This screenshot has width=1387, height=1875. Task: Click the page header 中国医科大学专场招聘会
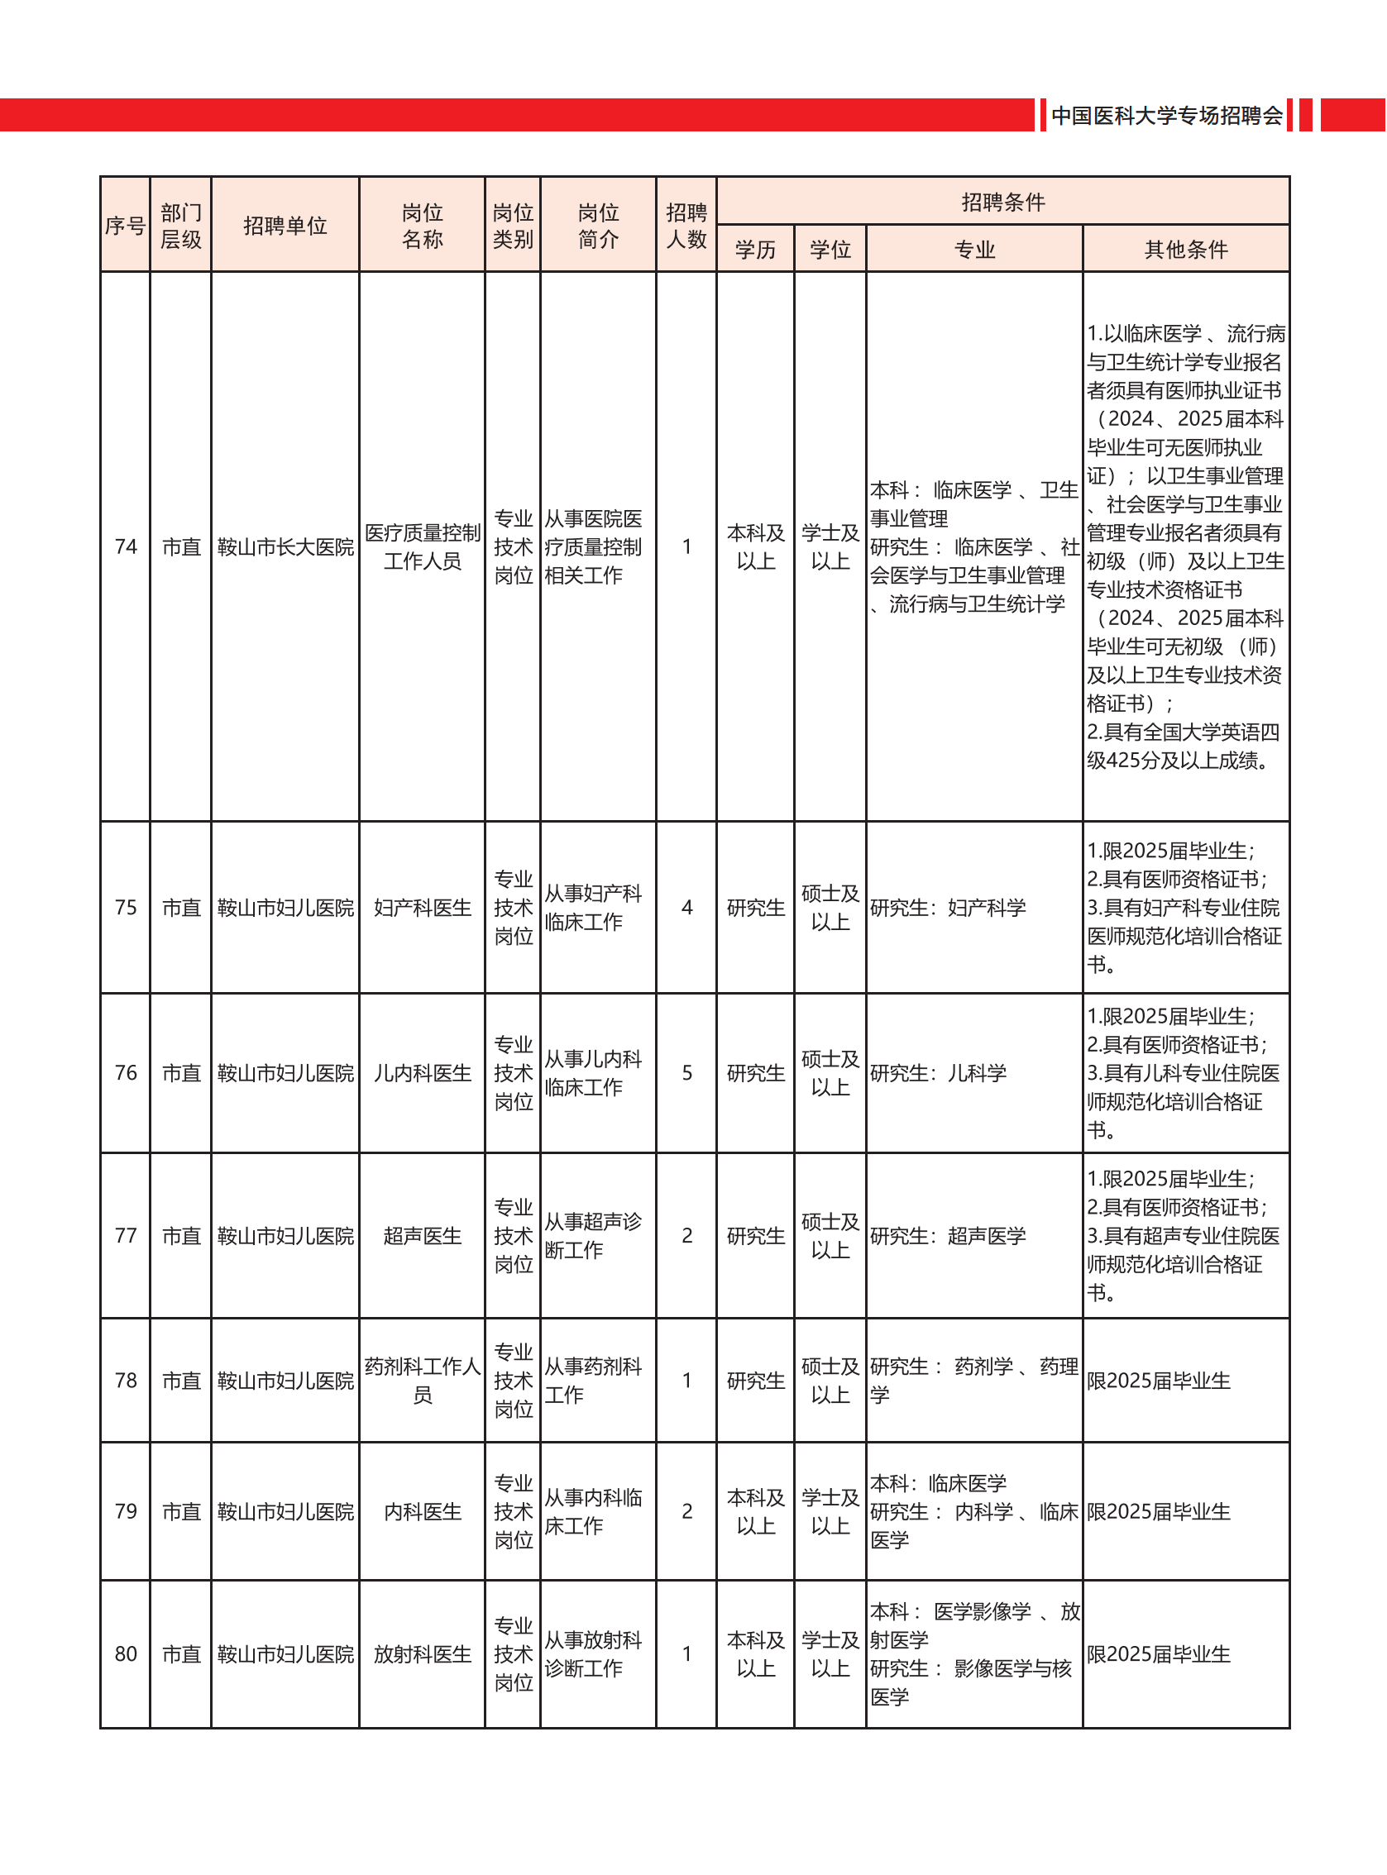point(1166,115)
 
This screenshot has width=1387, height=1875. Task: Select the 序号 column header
point(125,225)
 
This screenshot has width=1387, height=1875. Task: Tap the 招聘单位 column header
point(285,225)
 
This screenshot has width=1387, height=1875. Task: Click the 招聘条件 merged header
point(1002,202)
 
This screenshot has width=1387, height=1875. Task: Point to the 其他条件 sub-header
point(1185,250)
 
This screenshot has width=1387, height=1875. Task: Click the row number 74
point(125,546)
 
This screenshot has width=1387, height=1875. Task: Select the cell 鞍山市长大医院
point(285,546)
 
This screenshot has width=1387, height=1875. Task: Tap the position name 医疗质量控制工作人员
point(422,546)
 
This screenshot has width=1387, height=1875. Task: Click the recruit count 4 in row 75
point(686,907)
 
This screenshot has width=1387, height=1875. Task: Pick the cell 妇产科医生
point(422,907)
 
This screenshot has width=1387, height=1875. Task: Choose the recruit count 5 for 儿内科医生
point(686,1072)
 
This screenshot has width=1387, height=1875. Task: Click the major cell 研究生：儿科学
point(938,1072)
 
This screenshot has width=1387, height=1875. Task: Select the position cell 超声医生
point(422,1235)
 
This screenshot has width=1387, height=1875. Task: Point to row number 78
point(125,1381)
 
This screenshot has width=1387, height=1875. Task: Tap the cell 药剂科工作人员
point(422,1381)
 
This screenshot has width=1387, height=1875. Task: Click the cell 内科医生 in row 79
point(422,1511)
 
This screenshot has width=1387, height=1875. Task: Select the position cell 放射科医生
point(422,1654)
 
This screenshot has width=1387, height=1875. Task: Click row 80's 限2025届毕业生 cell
point(1158,1654)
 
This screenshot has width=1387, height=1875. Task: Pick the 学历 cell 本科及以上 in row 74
point(755,546)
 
